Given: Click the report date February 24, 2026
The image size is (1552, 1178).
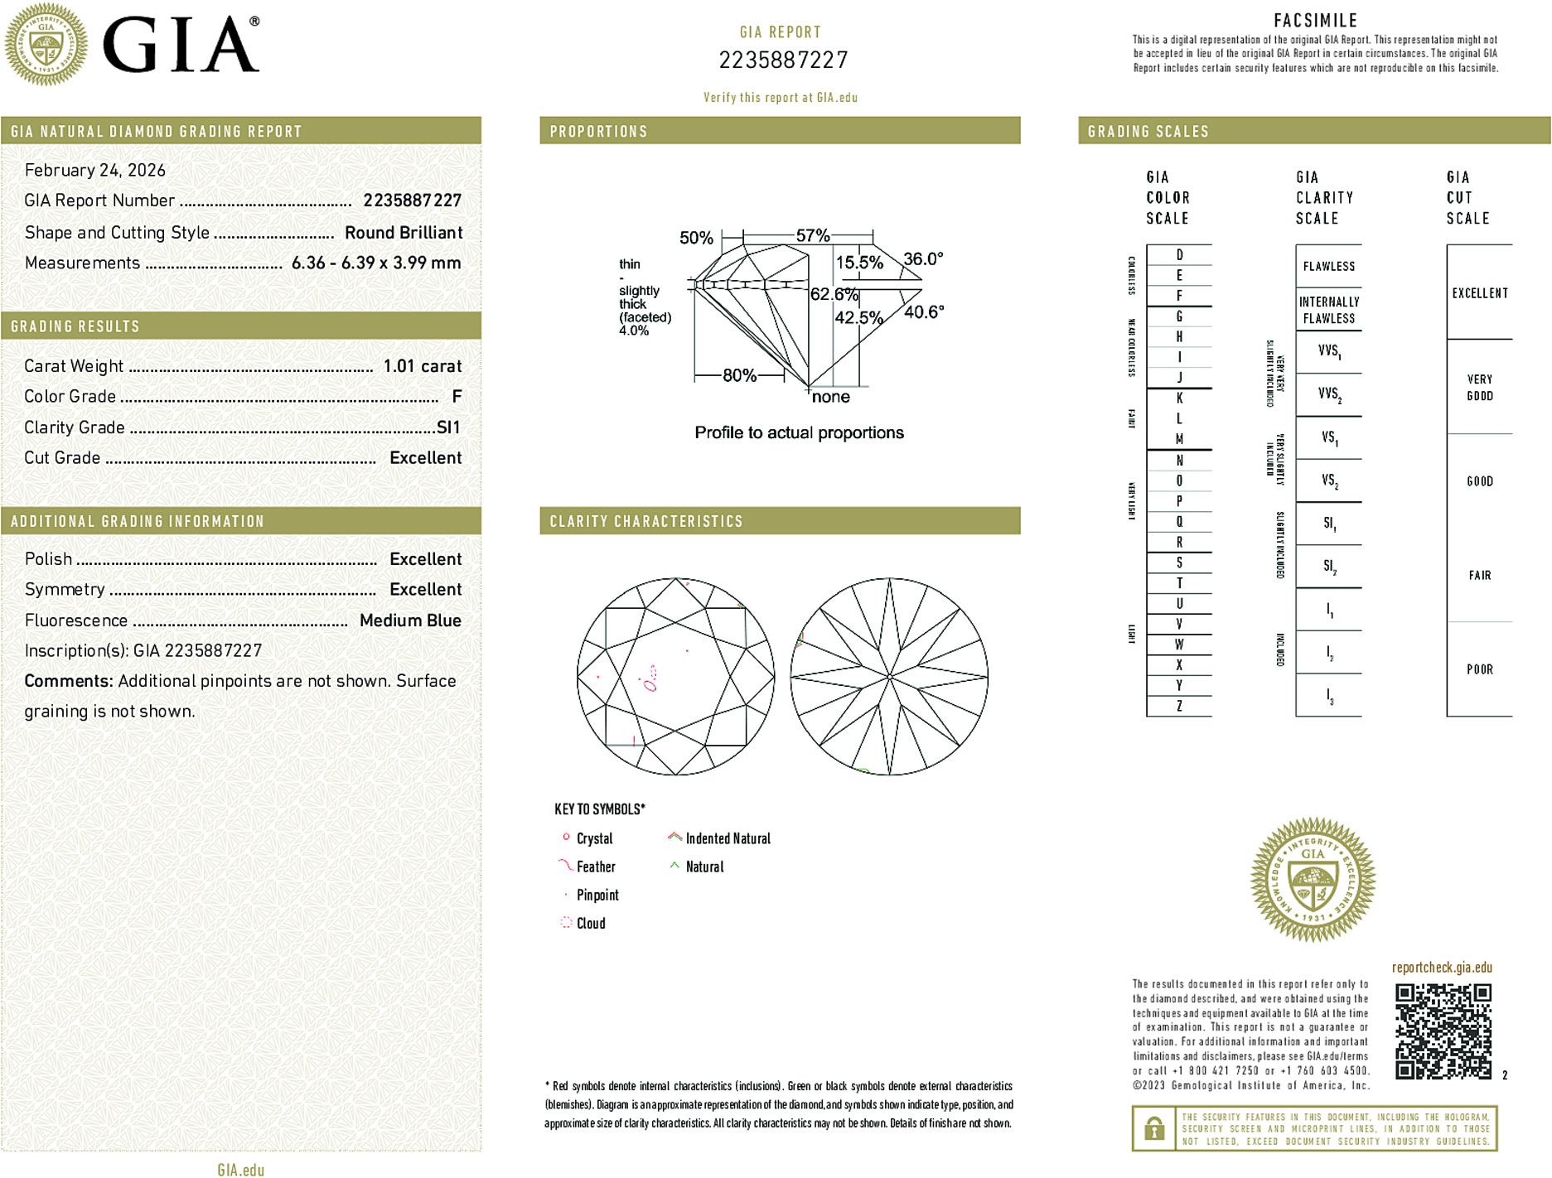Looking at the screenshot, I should (95, 170).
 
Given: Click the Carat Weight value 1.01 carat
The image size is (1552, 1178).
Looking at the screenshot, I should (422, 366).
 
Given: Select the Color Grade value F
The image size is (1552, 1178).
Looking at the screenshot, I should (457, 397).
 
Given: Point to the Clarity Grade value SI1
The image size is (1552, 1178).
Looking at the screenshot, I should (448, 427).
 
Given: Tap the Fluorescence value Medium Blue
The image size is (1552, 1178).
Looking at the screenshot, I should (410, 620).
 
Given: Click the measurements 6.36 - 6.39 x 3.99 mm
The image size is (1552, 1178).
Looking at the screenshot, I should (376, 263).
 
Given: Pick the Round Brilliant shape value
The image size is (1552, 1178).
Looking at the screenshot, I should (404, 233).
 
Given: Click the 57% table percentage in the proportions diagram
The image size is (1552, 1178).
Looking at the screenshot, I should (812, 236).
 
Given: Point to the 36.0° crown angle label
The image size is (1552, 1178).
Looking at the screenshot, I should (923, 259).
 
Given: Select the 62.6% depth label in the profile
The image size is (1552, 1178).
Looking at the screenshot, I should (834, 294).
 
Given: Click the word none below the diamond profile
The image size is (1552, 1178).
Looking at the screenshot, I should (831, 397).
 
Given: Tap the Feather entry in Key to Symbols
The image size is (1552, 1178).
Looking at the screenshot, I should (596, 867).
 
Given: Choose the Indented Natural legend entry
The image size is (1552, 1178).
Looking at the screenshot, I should (728, 838).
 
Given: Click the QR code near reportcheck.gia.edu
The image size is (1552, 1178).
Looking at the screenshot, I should (1443, 1031).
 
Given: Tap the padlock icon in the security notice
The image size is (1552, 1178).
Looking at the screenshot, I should (1154, 1128).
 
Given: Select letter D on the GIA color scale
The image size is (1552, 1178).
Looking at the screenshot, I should (1179, 255).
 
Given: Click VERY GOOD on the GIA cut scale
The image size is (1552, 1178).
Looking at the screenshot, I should (1480, 387).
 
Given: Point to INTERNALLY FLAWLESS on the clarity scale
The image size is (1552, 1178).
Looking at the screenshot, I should (1328, 310).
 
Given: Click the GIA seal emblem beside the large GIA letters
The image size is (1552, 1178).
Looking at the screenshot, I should (46, 45).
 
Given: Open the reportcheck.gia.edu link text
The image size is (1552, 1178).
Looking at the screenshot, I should (1442, 967).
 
